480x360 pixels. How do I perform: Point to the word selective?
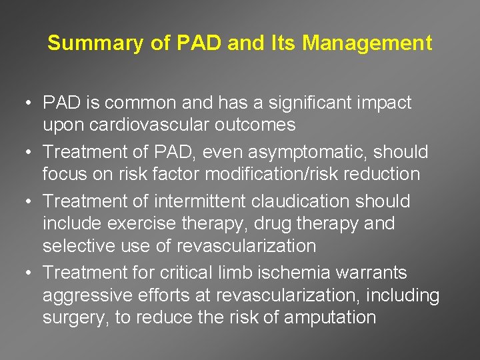(74, 245)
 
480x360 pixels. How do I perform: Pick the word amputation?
(330, 317)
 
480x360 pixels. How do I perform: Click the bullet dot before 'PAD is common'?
(24, 103)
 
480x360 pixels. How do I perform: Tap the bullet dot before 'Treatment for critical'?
(24, 273)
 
